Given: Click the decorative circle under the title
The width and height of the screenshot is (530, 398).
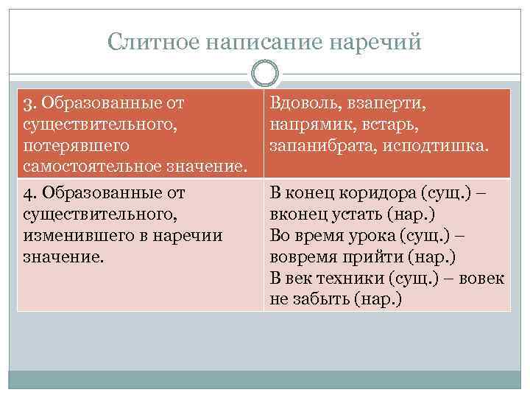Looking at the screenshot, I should (265, 74).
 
